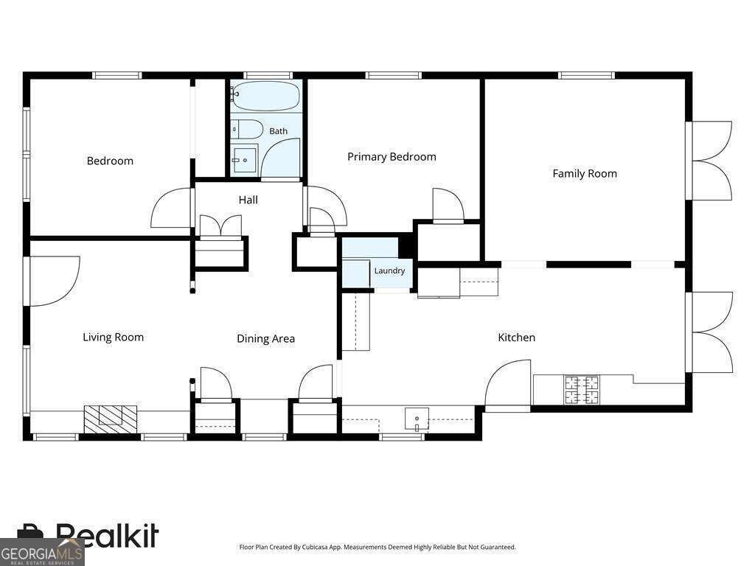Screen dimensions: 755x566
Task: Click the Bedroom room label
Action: coord(110,161)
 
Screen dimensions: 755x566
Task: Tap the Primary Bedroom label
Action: coord(392,157)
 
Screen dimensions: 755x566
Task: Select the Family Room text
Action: coord(585,174)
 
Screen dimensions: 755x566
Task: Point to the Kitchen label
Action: coord(516,338)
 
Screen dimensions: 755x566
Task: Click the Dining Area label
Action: coord(265,339)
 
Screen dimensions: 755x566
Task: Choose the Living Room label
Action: coord(113,338)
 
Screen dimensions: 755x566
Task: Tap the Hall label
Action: coord(248,200)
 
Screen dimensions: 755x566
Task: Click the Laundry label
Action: coord(389,270)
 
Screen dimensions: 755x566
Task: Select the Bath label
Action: coord(278,131)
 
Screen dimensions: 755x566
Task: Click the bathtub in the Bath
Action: coord(265,97)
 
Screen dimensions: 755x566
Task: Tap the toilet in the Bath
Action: coord(247,129)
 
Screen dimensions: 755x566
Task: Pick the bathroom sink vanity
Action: coord(245,159)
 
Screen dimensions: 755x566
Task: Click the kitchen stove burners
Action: coord(582,389)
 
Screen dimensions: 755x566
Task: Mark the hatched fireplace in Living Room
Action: coord(111,419)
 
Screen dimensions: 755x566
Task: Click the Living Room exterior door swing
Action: coord(55,281)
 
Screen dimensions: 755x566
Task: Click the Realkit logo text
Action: coord(107,535)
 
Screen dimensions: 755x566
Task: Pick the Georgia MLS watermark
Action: coord(41,554)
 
